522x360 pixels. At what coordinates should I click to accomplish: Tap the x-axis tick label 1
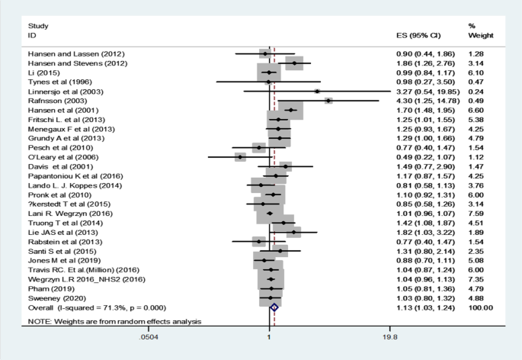[x=268, y=336]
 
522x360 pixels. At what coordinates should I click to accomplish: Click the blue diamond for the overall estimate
[x=274, y=307]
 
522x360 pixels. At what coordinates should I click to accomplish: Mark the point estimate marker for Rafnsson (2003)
[x=328, y=100]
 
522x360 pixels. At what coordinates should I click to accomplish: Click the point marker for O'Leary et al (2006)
[x=239, y=156]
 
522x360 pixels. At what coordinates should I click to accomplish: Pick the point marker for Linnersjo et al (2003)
[x=316, y=90]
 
